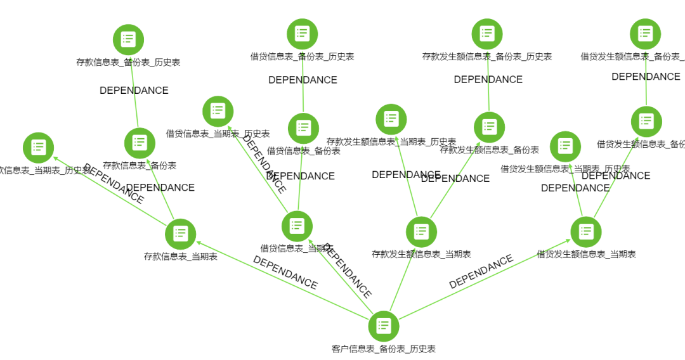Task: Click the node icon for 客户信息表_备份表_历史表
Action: coord(384,326)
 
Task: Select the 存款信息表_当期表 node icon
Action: coord(180,234)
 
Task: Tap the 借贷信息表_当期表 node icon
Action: coord(297,226)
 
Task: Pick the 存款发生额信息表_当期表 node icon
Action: coord(421,231)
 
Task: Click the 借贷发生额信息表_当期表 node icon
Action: coord(585,231)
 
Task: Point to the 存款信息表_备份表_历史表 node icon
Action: coord(128,39)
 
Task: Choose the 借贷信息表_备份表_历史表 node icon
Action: coord(302,34)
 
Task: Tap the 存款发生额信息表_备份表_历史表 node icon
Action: coord(487,34)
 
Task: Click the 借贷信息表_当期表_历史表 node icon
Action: coord(218,111)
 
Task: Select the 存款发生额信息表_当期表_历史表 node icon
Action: coord(391,119)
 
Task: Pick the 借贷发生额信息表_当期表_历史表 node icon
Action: coord(565,146)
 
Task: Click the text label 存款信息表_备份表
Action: coord(140,165)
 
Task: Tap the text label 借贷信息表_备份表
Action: coord(303,151)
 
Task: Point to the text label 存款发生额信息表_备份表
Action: coord(489,150)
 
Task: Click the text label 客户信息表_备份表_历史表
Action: coord(384,349)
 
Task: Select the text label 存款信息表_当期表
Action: coord(180,257)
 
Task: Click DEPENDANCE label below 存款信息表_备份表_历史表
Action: coord(134,91)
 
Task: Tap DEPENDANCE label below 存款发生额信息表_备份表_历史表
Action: coord(488,80)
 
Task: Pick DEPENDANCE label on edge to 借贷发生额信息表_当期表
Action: coord(481,272)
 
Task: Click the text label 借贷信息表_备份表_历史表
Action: coord(302,56)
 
